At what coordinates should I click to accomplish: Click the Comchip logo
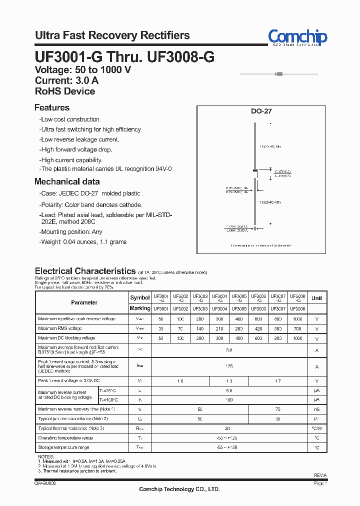[x=297, y=37]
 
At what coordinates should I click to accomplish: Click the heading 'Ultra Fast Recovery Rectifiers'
[x=112, y=35]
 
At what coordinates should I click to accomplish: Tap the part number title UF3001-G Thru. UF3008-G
[x=124, y=57]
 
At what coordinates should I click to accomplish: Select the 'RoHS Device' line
[x=65, y=91]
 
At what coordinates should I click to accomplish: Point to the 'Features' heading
[x=52, y=107]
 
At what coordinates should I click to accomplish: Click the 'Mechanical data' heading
[x=67, y=182]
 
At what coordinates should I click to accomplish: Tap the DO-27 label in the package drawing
[x=261, y=112]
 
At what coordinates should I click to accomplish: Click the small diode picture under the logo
[x=279, y=74]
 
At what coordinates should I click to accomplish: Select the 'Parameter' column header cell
[x=84, y=302]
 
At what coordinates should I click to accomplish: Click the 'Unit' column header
[x=316, y=298]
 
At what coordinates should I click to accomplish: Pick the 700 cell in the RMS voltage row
[x=297, y=328]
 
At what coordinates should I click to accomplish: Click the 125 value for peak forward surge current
[x=229, y=366]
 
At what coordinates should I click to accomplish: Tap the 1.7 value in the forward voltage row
[x=277, y=381]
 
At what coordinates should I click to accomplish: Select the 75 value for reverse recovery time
[x=277, y=409]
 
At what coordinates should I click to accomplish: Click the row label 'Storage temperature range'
[x=63, y=447]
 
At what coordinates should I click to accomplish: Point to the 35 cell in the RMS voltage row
[x=160, y=328]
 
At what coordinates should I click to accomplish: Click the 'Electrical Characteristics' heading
[x=85, y=271]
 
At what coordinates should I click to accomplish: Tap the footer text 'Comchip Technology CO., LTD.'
[x=179, y=489]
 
